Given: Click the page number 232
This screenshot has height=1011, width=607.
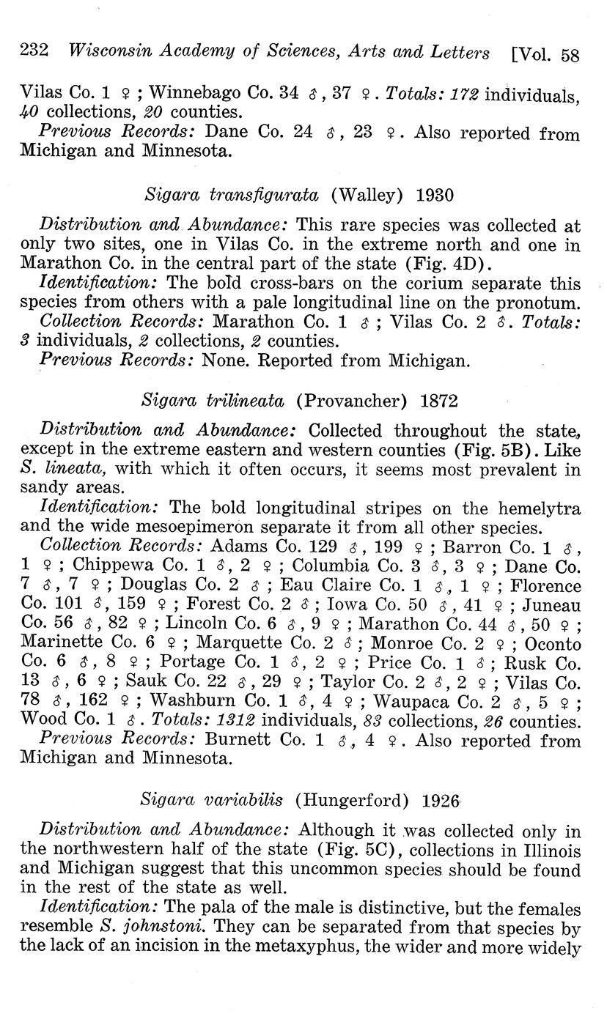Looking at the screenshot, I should click(34, 52).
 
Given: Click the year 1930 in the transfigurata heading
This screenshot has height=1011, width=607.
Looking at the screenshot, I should click(435, 195).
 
